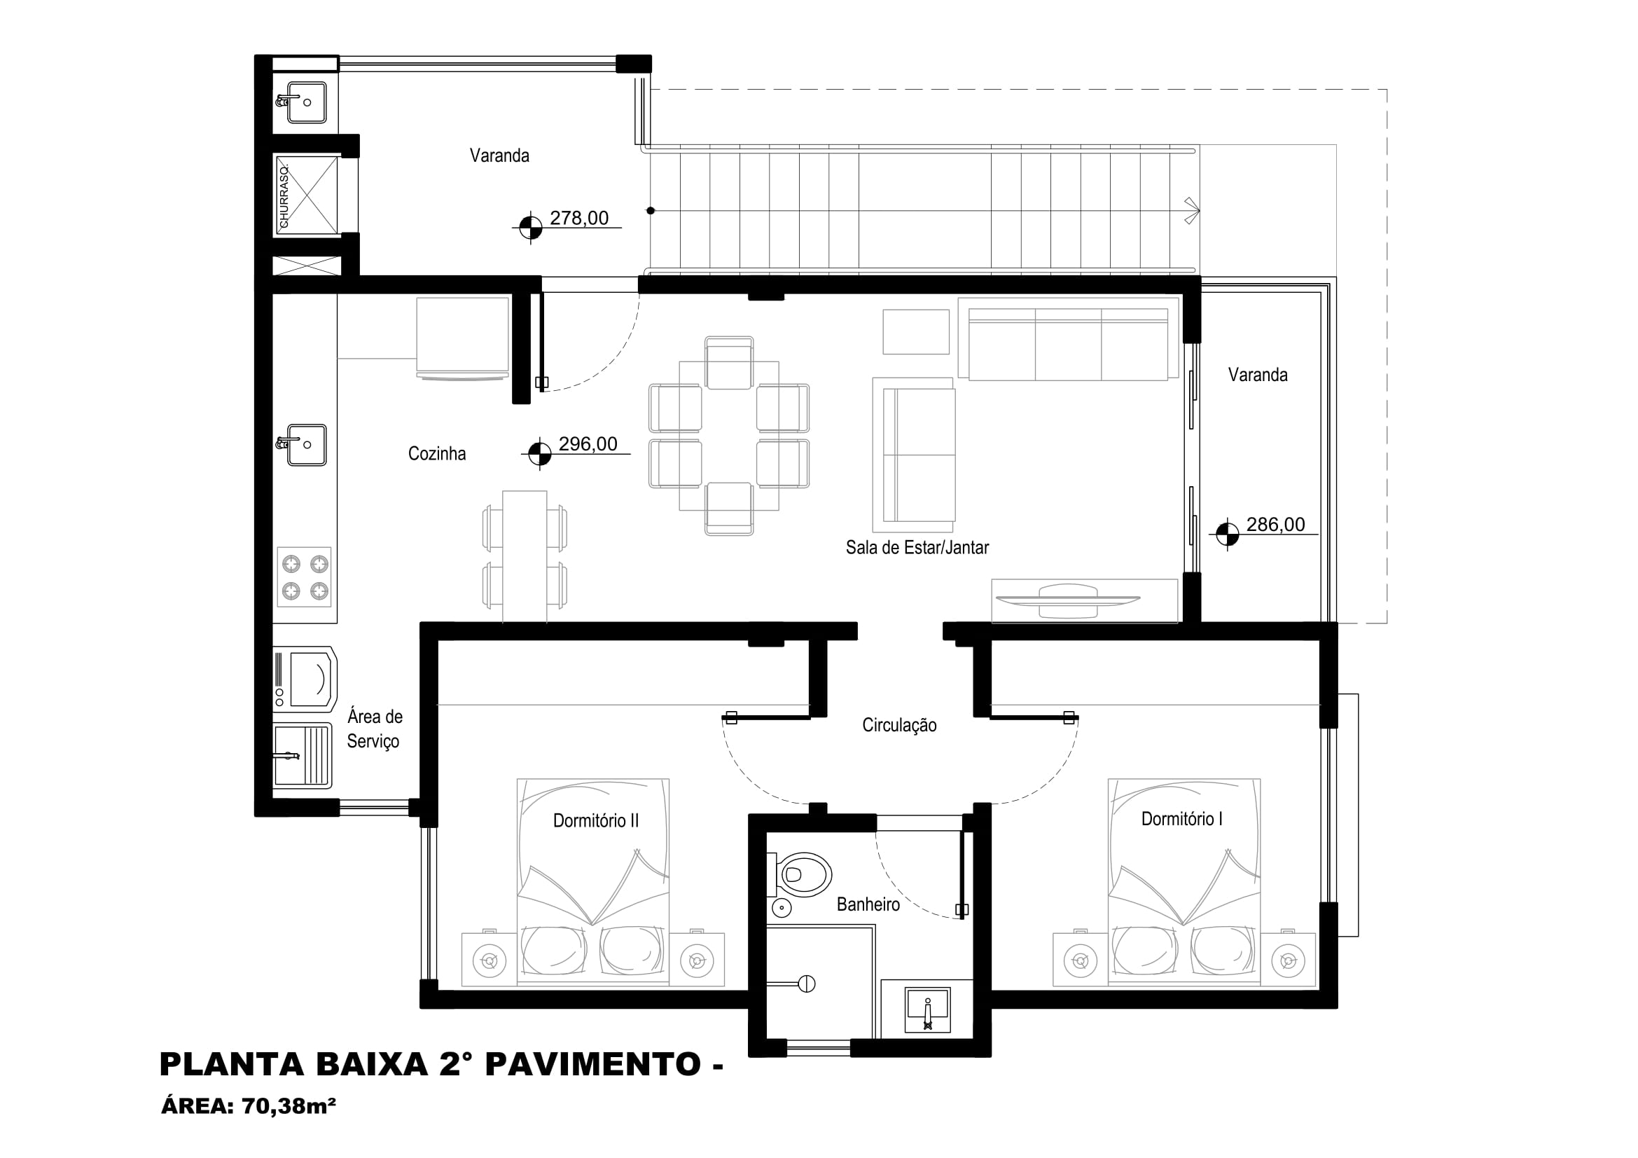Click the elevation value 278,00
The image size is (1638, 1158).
[x=578, y=219]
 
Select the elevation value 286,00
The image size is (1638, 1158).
[x=1275, y=525]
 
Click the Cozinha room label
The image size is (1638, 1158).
[x=436, y=454]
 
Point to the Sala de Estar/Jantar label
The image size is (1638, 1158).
[x=917, y=548]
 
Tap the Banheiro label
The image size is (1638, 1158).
[x=868, y=904]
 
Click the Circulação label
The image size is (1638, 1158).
[x=900, y=726]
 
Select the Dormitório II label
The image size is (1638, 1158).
[x=596, y=820]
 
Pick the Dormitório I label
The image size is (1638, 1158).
[x=1182, y=819]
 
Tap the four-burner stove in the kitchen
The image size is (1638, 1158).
[x=304, y=577]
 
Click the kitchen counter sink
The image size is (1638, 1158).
[x=303, y=445]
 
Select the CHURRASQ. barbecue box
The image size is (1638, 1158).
[x=307, y=195]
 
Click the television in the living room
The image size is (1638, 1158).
[x=1068, y=601]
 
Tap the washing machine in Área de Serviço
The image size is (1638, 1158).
[x=305, y=680]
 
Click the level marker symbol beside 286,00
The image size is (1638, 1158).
[x=1227, y=534]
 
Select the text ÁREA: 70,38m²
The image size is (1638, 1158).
[x=249, y=1107]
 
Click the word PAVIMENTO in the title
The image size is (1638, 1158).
[x=594, y=1065]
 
